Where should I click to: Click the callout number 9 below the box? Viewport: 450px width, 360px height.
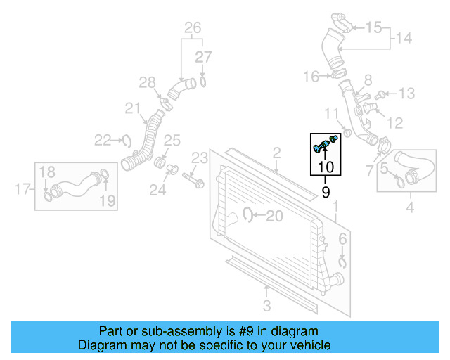[x=326, y=191]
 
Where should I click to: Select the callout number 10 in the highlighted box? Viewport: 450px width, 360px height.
[x=326, y=167]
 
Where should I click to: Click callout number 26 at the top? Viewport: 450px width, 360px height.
[x=193, y=28]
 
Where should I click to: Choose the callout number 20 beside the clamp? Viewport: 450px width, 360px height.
[x=274, y=217]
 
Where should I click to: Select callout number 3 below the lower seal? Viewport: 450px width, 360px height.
[x=266, y=305]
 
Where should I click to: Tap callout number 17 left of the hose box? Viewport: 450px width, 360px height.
[x=22, y=188]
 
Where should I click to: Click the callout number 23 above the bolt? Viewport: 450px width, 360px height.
[x=200, y=157]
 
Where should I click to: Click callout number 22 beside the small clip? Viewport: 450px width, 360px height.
[x=103, y=141]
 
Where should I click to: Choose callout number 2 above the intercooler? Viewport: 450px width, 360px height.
[x=276, y=152]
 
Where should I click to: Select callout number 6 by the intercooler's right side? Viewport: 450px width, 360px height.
[x=342, y=240]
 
